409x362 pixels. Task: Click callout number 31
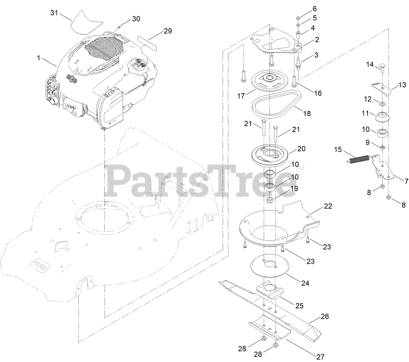point(55,13)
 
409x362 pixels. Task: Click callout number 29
point(168,31)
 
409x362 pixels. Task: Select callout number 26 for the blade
point(325,316)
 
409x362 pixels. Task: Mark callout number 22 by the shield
point(328,206)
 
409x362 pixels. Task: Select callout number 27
point(320,357)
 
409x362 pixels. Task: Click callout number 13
point(402,85)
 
